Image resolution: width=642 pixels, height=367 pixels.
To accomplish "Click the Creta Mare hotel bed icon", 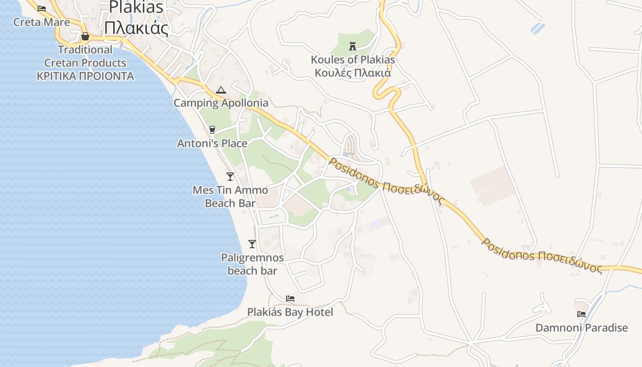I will click(x=42, y=8).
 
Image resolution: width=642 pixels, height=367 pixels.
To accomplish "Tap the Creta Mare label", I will click(x=42, y=22).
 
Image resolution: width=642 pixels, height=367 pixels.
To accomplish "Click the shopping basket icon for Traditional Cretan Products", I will click(x=85, y=36).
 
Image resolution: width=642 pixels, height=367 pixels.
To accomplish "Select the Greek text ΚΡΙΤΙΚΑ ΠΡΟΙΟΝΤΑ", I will click(x=85, y=76).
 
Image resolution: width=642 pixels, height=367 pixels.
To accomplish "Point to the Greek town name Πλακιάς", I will click(x=136, y=28).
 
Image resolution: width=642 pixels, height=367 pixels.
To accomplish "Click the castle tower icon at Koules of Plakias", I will click(x=353, y=46).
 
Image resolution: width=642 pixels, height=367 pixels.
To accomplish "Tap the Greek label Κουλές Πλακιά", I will click(x=353, y=72).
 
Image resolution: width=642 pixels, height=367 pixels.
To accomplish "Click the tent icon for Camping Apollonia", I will click(x=221, y=90).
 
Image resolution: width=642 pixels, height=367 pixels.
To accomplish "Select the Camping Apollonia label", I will click(x=221, y=103).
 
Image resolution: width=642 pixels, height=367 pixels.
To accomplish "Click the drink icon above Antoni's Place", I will click(x=212, y=130).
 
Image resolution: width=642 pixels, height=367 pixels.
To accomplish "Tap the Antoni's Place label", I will click(x=212, y=144).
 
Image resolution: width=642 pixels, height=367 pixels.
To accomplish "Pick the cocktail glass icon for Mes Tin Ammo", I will click(x=230, y=176).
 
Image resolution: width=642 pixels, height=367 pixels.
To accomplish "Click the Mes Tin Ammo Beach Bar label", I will click(x=230, y=196).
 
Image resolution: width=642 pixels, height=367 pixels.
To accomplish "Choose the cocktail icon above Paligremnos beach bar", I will click(x=252, y=244).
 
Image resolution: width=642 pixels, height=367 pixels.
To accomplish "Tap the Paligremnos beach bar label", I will click(x=252, y=264).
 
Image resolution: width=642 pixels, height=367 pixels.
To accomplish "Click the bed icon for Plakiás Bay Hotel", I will click(x=290, y=299).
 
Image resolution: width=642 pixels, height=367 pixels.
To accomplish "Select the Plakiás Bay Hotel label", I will click(x=290, y=312).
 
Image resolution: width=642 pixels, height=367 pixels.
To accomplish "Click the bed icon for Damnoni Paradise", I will click(x=581, y=314).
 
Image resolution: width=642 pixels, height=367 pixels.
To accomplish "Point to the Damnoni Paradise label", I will click(x=581, y=328).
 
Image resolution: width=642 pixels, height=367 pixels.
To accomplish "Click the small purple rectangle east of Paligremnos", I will click(x=380, y=223).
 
